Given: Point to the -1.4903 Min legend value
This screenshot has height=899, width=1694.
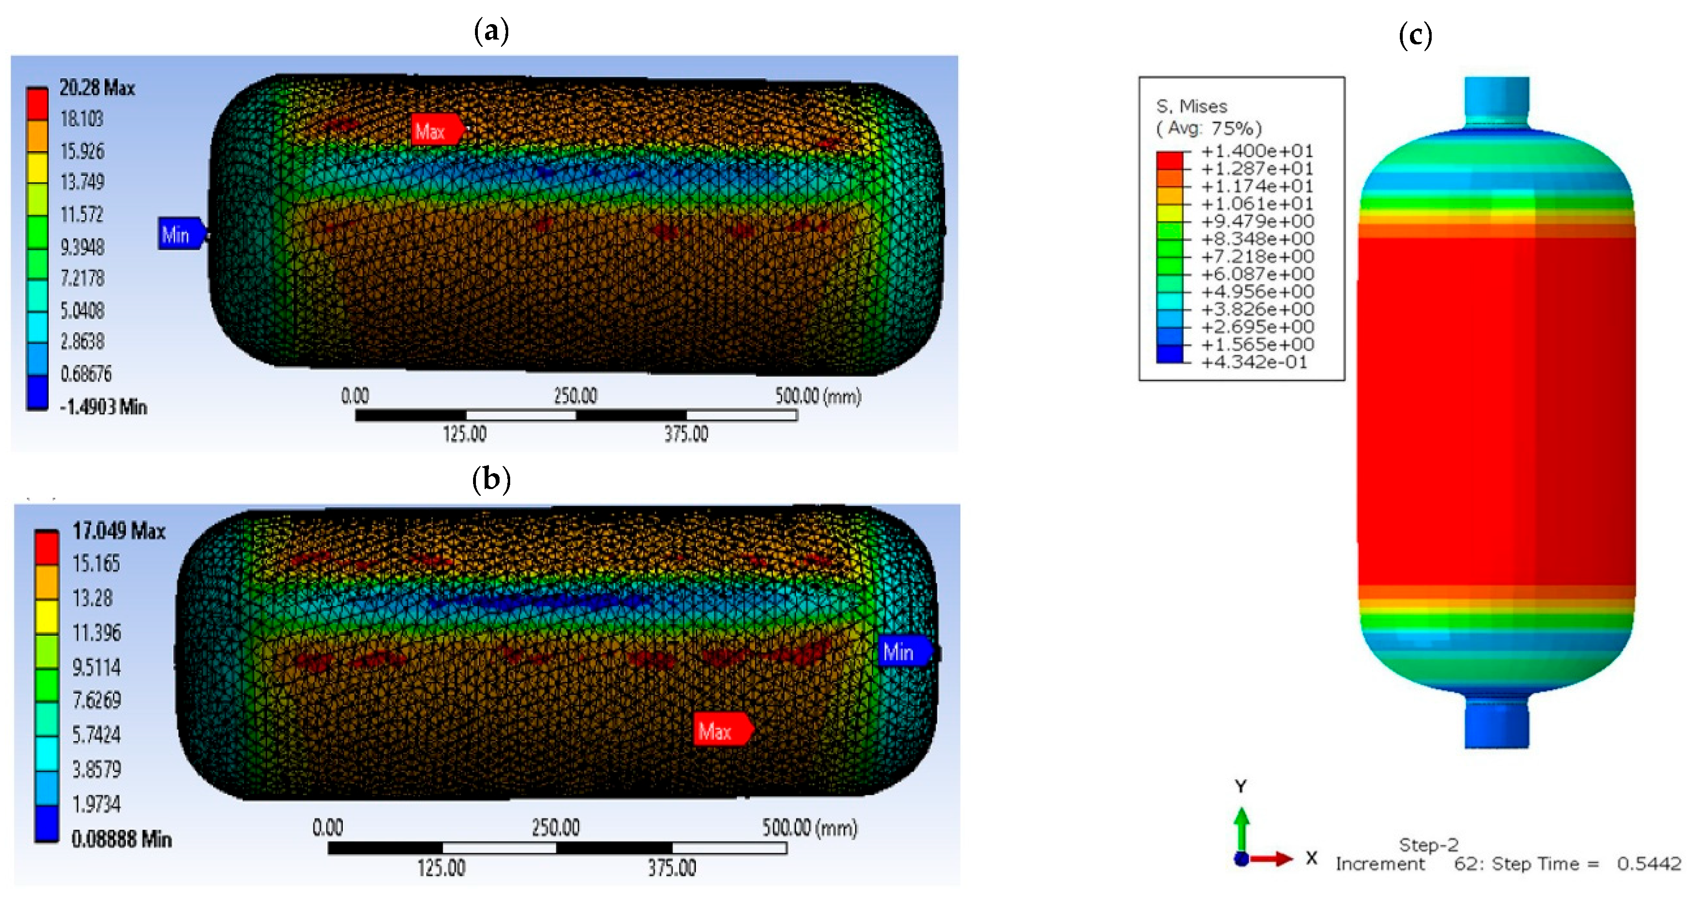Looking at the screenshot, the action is tap(103, 407).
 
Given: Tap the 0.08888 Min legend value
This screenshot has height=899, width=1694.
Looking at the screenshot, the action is tap(122, 839).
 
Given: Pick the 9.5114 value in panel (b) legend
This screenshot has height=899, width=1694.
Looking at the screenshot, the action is tap(96, 667).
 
